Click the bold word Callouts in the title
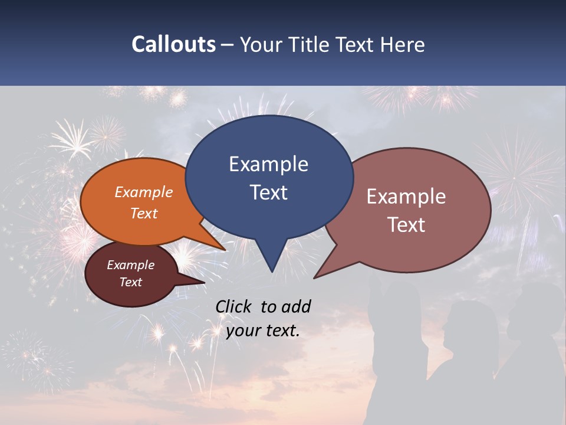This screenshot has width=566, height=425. (x=173, y=44)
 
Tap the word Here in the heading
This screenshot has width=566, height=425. (x=402, y=44)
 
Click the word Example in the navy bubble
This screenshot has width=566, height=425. (x=268, y=164)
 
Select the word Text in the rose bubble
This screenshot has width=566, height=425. (x=407, y=225)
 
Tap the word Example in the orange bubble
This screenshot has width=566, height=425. (x=144, y=192)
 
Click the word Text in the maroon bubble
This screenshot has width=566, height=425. (x=131, y=282)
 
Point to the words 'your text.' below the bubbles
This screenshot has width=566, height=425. (x=263, y=331)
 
